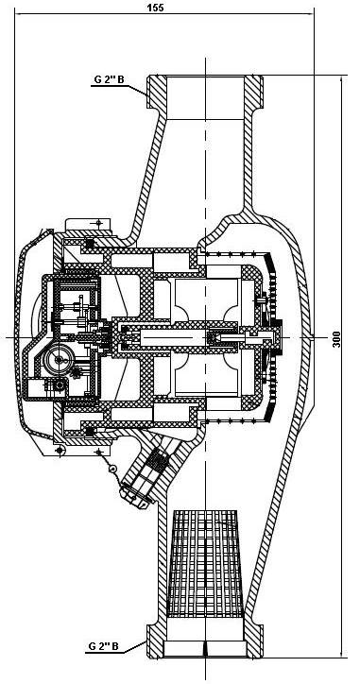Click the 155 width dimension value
(155, 8)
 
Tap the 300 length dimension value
(336, 338)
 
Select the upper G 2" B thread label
(109, 80)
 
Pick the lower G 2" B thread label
(103, 645)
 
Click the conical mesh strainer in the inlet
(205, 564)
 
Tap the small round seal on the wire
(112, 469)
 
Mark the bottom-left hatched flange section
(156, 641)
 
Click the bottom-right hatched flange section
(254, 641)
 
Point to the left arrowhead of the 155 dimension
(19, 13)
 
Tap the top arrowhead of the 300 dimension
(341, 79)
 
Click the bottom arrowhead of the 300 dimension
(341, 654)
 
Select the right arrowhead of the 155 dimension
(309, 13)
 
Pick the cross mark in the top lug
(98, 223)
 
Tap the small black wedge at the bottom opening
(205, 648)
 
